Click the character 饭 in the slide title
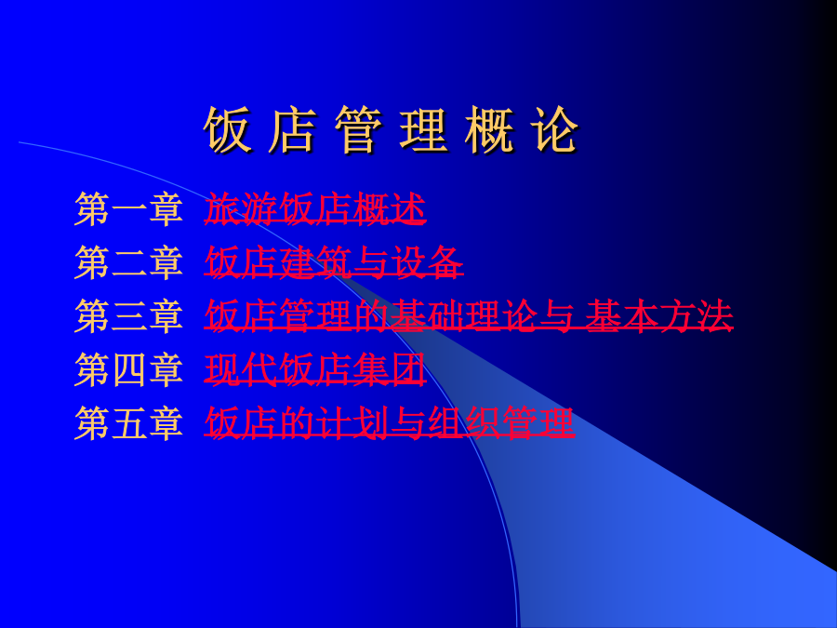pyautogui.click(x=227, y=129)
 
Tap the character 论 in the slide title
pyautogui.click(x=554, y=129)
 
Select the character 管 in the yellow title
pyautogui.click(x=358, y=129)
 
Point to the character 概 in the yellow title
pyautogui.click(x=489, y=129)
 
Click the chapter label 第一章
pyautogui.click(x=128, y=208)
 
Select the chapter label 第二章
pyautogui.click(x=128, y=262)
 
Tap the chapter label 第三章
pyautogui.click(x=128, y=316)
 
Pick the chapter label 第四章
pyautogui.click(x=128, y=369)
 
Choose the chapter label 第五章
pyautogui.click(x=128, y=423)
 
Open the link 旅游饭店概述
pyautogui.click(x=315, y=208)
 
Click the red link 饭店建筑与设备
pyautogui.click(x=334, y=262)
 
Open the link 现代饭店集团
pyautogui.click(x=315, y=369)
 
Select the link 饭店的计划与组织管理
pyautogui.click(x=389, y=423)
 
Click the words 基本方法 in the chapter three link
pyautogui.click(x=659, y=316)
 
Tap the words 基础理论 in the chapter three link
pyautogui.click(x=464, y=316)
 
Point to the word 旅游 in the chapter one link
pyautogui.click(x=241, y=208)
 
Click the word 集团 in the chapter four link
pyautogui.click(x=389, y=369)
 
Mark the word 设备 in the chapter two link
pyautogui.click(x=427, y=262)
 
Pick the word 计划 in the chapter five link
pyautogui.click(x=352, y=423)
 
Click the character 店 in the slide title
pyautogui.click(x=293, y=129)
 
